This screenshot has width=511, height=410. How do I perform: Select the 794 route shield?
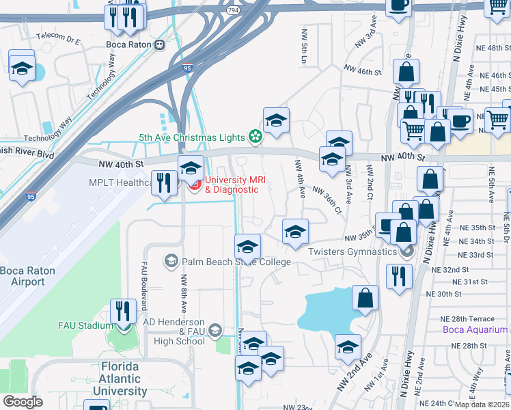tap(234, 12)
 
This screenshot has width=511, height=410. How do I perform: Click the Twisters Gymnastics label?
tap(352, 252)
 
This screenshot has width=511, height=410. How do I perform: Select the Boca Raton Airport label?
tap(27, 276)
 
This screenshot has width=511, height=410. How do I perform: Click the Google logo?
tap(23, 402)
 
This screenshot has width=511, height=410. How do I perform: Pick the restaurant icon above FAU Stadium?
tap(123, 311)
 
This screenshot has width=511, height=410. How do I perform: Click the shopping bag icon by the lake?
tap(365, 297)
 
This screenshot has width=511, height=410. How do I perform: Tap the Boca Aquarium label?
tap(474, 330)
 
